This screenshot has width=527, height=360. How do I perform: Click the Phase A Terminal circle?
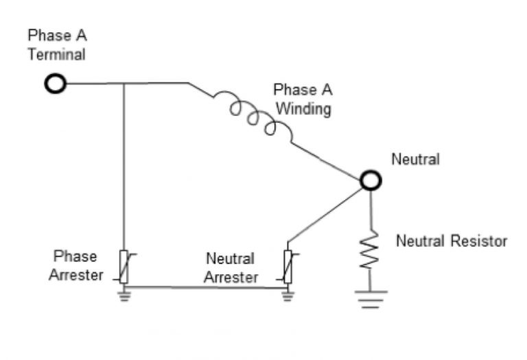(x=55, y=84)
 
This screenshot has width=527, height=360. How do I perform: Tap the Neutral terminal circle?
(x=371, y=180)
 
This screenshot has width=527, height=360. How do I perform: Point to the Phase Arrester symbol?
(x=124, y=267)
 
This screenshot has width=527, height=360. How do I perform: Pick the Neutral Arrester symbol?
(x=288, y=267)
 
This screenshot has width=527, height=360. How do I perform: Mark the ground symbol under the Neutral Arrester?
(x=288, y=295)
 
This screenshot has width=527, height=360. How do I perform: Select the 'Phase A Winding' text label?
(x=302, y=99)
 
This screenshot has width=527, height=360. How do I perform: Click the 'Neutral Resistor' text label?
(x=451, y=241)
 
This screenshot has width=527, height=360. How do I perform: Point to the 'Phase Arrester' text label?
(x=75, y=266)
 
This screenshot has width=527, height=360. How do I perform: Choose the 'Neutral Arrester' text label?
(x=231, y=268)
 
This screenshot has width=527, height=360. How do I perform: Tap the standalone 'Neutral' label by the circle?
(x=415, y=159)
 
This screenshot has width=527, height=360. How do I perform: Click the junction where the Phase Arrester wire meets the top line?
(x=124, y=84)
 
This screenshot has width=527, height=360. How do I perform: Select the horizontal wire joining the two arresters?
(x=206, y=287)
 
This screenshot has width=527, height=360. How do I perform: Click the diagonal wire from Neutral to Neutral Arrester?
(x=326, y=213)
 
